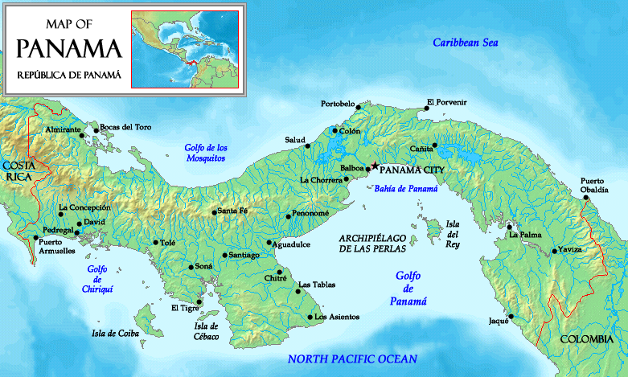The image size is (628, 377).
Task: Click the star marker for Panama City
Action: point(375,166)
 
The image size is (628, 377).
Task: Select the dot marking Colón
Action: point(335,131)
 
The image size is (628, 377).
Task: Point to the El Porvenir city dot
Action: point(426,111)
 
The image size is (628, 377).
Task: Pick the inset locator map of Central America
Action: point(184,47)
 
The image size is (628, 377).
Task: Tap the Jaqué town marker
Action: point(510,316)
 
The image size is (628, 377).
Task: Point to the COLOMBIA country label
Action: point(586,339)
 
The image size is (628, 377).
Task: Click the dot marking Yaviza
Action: point(555,251)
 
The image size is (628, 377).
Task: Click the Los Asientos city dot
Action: point(310,318)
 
